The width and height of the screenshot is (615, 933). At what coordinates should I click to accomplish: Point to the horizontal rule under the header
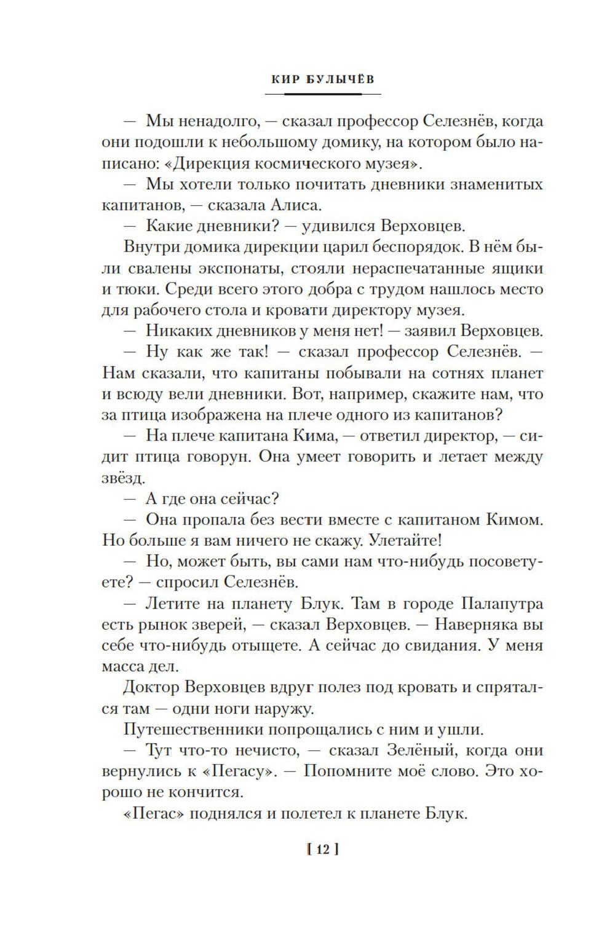pyautogui.click(x=323, y=93)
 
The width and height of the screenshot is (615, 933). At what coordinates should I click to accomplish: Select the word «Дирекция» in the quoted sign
pyautogui.click(x=210, y=163)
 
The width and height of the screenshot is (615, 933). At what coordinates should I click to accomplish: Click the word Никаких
pyautogui.click(x=180, y=331)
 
